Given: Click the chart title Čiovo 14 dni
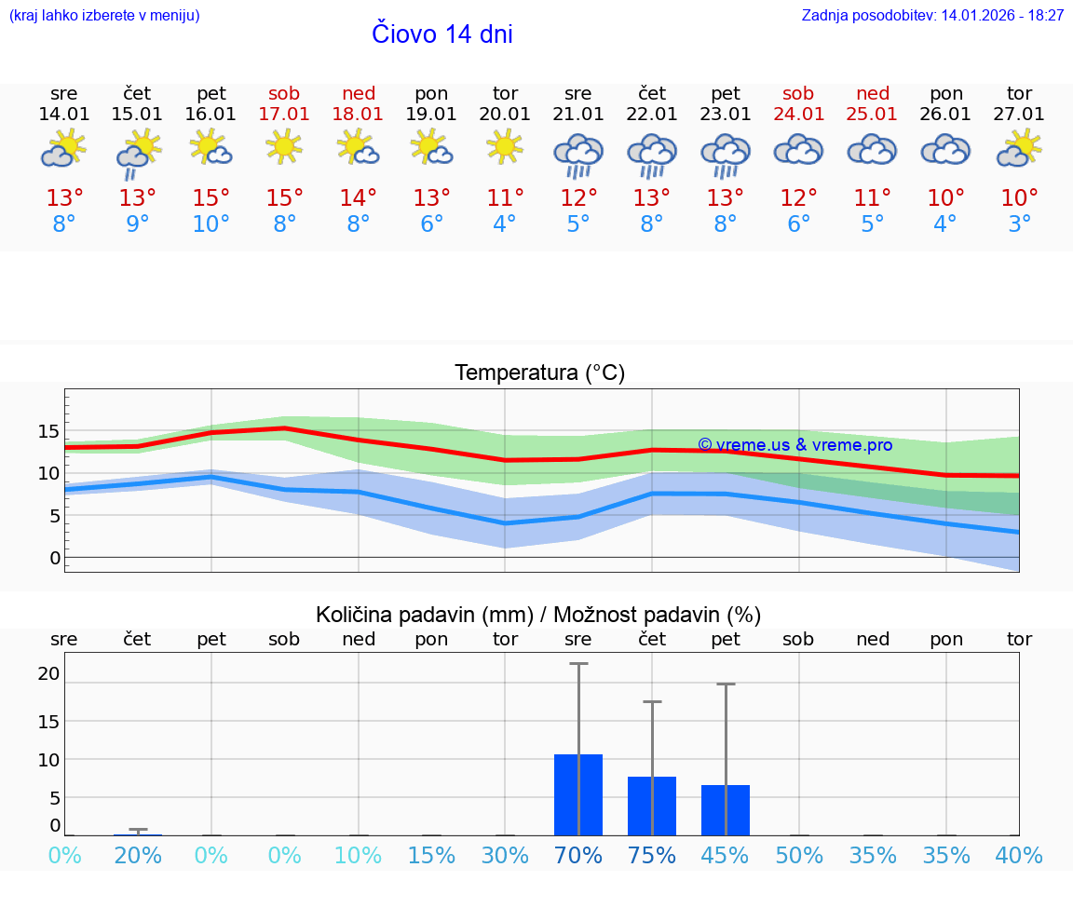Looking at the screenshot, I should coord(441,34).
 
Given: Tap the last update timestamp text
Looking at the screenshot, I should coord(932,16).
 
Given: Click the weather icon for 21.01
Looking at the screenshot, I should coord(578,154).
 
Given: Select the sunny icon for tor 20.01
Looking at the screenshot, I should coord(505,146).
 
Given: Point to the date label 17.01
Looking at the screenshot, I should coord(284,115).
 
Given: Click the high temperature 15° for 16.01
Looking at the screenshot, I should coord(211,198).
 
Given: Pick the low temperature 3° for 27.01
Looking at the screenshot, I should coord(1019,224).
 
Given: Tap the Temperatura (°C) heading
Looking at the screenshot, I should coord(539,373).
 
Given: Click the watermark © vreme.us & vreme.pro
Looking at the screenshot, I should coord(795,445).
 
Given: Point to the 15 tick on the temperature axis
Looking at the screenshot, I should coord(48,431).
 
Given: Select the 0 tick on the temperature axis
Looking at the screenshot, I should coord(55,558).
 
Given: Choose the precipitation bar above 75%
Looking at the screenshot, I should coord(652,806).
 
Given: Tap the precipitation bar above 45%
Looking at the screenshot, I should coord(726,810).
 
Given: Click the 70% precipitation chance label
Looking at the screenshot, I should coord(578,856).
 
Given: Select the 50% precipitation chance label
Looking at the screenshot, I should coord(799,856).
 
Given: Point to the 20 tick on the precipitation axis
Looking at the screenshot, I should coord(48,673).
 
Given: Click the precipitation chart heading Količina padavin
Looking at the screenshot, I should coord(538,615).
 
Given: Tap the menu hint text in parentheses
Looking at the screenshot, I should coord(104,16).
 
